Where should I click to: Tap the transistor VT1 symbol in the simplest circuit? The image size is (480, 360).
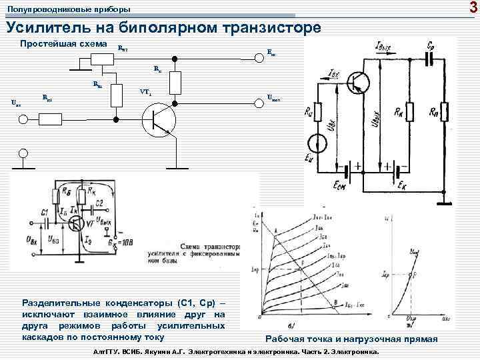(158, 121)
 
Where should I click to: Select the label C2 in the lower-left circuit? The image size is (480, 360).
(98, 203)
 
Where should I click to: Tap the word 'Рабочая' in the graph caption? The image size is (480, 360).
(287, 339)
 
